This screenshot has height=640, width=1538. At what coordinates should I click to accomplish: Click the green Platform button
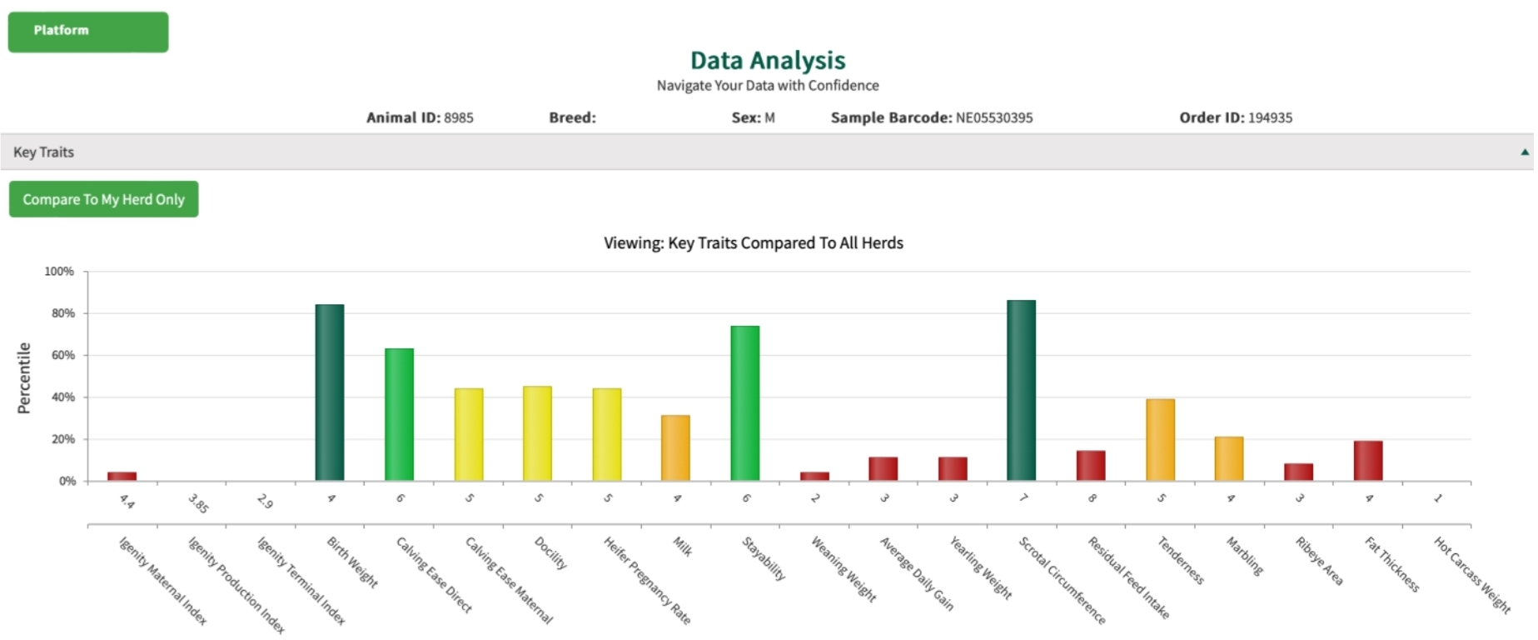(88, 32)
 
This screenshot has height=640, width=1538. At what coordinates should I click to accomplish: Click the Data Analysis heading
(767, 60)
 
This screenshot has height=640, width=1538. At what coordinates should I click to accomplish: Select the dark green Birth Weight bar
(330, 392)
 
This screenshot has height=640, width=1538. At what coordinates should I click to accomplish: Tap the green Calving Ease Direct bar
(399, 414)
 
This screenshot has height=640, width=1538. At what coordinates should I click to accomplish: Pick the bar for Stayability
(744, 402)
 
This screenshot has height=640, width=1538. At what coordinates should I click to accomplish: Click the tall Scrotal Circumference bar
(1021, 390)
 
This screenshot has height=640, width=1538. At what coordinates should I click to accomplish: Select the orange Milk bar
(675, 447)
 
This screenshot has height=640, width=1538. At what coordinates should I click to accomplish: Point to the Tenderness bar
(1160, 439)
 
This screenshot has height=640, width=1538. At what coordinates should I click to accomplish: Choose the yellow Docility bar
(537, 433)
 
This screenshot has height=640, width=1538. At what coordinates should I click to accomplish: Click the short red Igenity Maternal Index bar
(122, 476)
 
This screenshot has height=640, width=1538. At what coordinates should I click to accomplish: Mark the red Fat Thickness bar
(1367, 460)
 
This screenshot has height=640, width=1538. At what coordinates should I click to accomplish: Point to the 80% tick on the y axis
(63, 313)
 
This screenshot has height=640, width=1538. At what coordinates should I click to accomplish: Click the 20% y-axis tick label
(63, 439)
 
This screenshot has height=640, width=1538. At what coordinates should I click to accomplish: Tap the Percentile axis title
(24, 377)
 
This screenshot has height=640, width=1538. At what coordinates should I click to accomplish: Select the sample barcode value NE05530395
(993, 117)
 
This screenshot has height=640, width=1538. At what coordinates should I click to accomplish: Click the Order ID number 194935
(1270, 117)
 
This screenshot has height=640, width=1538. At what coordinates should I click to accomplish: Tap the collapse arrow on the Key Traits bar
(1524, 152)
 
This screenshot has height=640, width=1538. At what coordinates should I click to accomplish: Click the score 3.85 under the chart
(198, 502)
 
